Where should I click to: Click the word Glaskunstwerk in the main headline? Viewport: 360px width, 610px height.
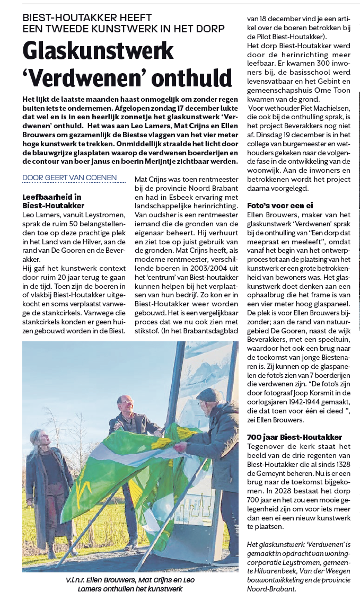pos(98,51)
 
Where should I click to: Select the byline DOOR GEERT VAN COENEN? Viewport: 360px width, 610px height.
pos(69,178)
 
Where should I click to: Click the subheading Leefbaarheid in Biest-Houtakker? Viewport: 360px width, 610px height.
pos(53,201)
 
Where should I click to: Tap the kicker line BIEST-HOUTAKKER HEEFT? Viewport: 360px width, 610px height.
pos(87,18)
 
